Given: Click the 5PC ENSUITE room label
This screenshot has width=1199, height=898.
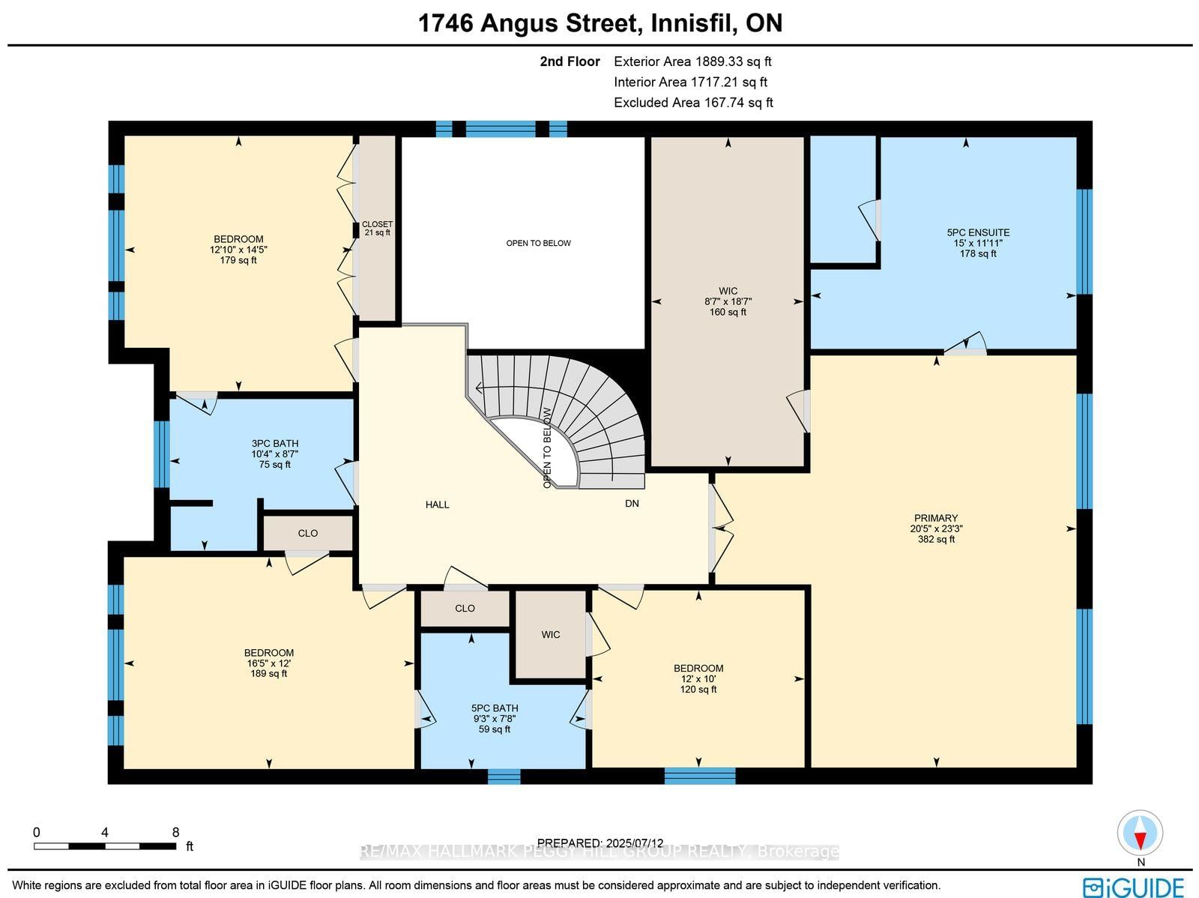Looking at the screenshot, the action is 978,243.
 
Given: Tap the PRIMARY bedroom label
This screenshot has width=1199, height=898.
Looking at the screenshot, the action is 936,528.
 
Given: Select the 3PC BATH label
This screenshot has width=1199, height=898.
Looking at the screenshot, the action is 275,454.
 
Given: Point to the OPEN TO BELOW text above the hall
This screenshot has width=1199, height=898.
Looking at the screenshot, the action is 538,243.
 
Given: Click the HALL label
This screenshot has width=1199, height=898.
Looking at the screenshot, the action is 437,504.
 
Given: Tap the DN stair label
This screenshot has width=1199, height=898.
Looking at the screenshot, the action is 632,504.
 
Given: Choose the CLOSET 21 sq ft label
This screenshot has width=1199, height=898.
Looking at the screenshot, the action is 378,229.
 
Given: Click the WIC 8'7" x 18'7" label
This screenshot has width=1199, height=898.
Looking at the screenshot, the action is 728,301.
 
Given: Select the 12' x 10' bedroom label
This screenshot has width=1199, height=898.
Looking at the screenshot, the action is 698,678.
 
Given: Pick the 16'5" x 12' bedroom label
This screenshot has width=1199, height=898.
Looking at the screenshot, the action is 269,663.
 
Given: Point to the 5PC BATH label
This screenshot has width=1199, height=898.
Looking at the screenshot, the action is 495,718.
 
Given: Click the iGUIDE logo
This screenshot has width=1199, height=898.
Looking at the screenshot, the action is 1134,887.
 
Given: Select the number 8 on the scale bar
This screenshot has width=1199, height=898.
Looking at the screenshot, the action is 175,833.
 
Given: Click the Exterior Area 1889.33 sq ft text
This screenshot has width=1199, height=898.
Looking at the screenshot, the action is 692,61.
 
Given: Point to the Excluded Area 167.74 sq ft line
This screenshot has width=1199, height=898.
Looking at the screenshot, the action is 693,103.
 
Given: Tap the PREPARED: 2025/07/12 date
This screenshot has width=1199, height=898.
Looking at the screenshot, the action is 599,843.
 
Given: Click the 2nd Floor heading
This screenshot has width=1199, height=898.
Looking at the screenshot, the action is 570,61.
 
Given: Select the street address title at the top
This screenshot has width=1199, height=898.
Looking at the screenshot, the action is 599,23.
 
